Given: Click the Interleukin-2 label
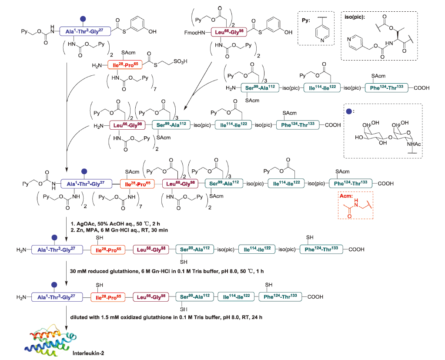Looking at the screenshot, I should [x=89, y=352].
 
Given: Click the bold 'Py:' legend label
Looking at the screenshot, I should [x=307, y=20].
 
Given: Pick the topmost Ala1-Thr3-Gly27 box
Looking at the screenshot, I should [x=87, y=31].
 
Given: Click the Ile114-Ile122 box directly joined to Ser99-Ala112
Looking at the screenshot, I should [x=238, y=297].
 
